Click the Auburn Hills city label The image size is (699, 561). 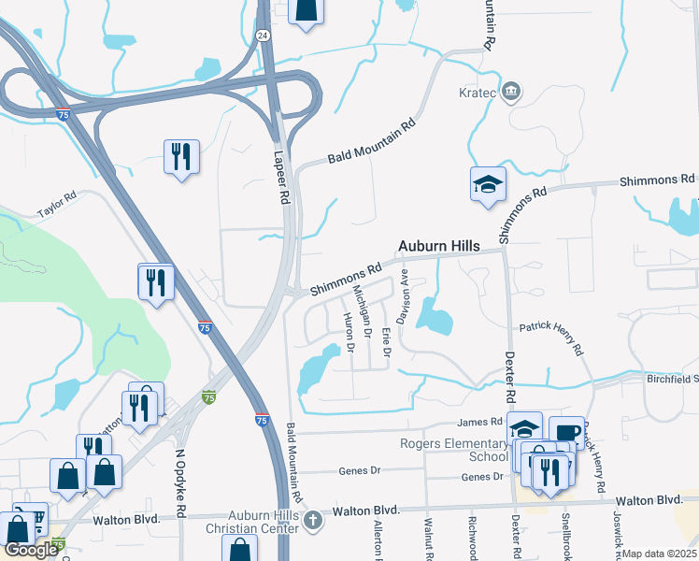click(x=438, y=246)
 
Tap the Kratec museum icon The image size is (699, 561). click(x=511, y=91)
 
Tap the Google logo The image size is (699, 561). click(x=31, y=549)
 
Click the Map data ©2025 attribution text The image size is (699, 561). click(x=659, y=554)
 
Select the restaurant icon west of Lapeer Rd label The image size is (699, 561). click(x=181, y=156)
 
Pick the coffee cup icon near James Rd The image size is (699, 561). click(x=566, y=431)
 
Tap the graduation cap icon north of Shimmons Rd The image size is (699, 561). click(x=488, y=182)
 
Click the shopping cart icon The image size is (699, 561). click(x=35, y=517)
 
